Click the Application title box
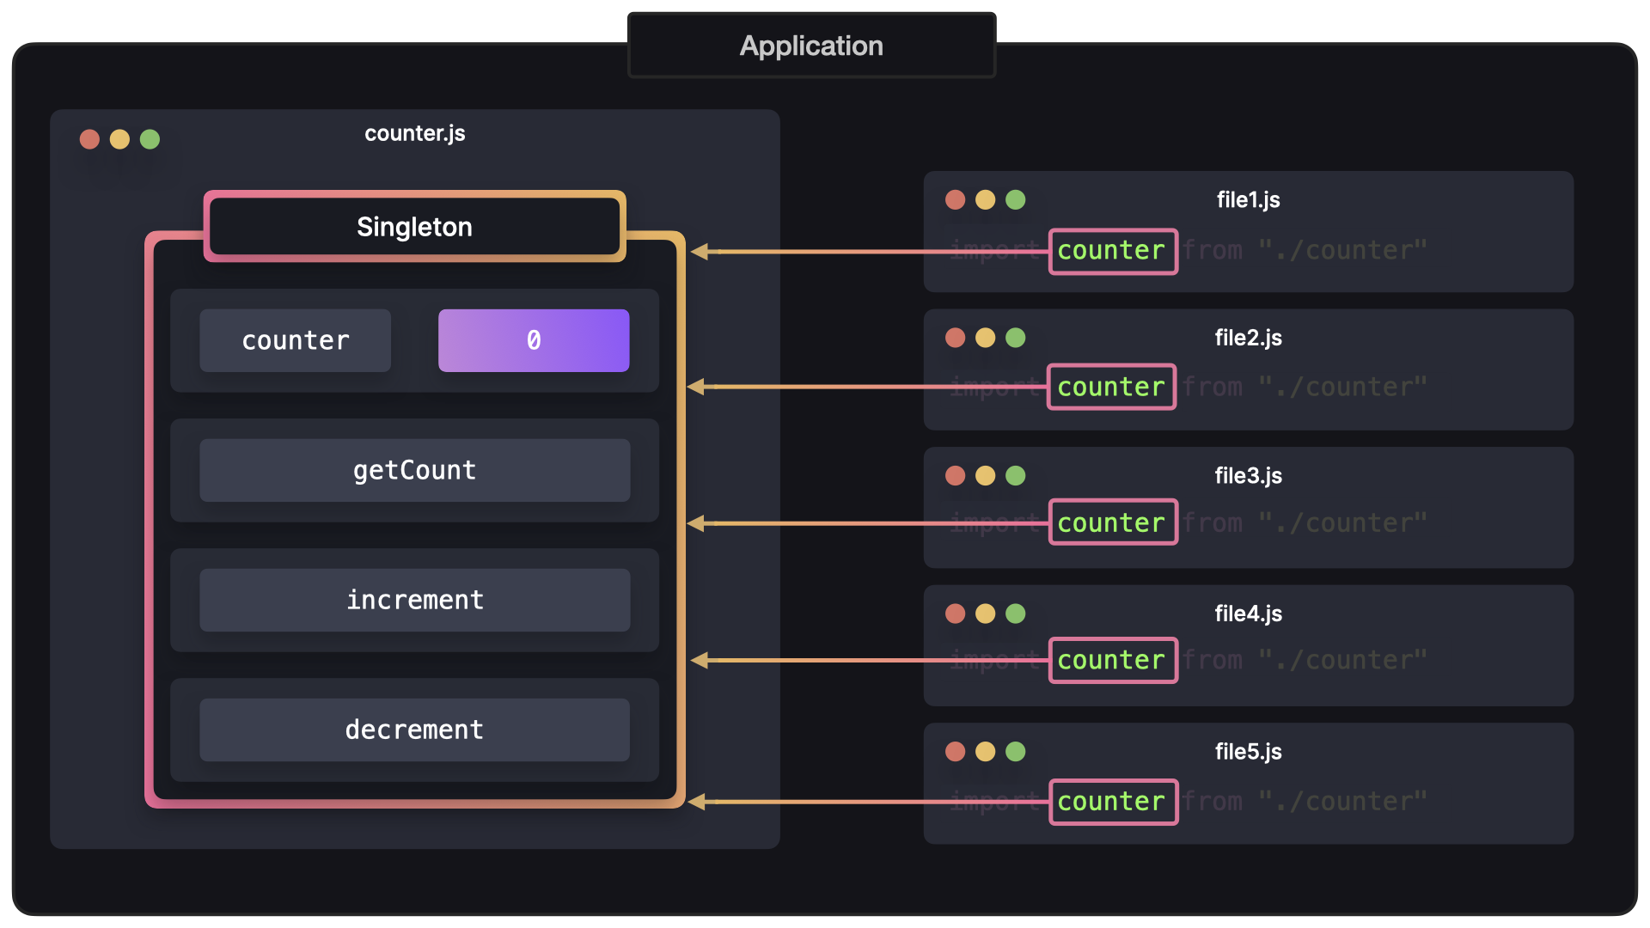pos(811,46)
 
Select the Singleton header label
pos(414,227)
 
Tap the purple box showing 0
pos(534,340)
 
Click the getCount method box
pos(414,470)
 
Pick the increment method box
pos(414,600)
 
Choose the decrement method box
pos(414,730)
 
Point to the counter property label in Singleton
pos(295,340)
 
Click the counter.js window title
pos(414,133)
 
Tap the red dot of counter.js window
pos(89,139)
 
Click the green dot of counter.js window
pos(150,139)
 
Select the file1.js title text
pos(1248,199)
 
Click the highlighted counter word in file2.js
pos(1111,387)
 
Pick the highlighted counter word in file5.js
pos(1112,802)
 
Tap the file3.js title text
pos(1248,475)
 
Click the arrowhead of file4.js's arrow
pos(700,660)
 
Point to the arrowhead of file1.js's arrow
pos(700,252)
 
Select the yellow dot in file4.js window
pos(985,614)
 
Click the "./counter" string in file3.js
pos(1342,522)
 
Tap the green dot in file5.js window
pos(1015,752)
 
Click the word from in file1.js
pos(1213,250)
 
